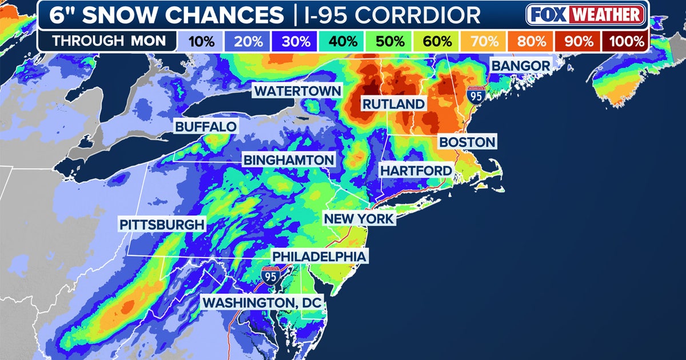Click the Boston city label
coord(467,142)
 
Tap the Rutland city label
coord(393,104)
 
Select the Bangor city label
coord(520,66)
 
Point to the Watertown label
coord(297,91)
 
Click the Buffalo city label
coord(206,127)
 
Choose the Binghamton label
coord(288,160)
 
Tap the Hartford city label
coord(416,170)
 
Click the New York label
coord(358,219)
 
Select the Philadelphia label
coord(318,257)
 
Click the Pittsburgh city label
coord(162,225)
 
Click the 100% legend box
coord(626,41)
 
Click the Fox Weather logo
coord(585,15)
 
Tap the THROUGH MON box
coord(109,41)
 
